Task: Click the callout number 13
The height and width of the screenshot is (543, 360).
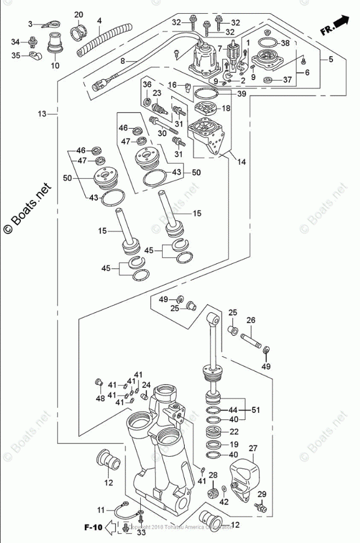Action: point(43,114)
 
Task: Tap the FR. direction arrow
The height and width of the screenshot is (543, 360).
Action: point(335,25)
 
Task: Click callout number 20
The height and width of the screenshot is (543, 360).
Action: point(79,14)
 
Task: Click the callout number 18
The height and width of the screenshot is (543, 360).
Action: point(226,109)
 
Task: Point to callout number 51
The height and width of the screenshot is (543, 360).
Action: point(254,409)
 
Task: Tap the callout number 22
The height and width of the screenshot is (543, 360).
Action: point(234,431)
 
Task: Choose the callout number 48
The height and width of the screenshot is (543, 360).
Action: point(99,398)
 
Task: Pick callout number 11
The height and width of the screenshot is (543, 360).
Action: point(101,511)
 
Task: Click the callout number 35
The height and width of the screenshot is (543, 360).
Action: point(15,55)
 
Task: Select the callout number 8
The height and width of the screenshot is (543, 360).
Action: point(123,61)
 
